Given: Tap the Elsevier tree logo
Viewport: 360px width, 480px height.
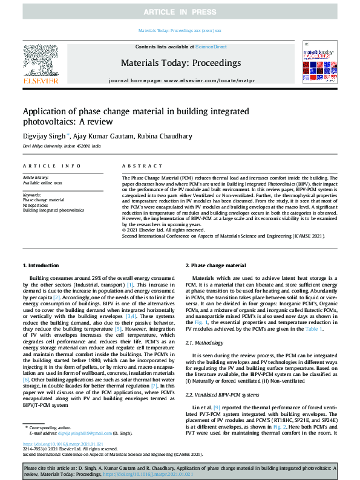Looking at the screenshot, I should pyautogui.click(x=41, y=63).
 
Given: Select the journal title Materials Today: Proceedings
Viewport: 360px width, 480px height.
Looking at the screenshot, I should pyautogui.click(x=180, y=63).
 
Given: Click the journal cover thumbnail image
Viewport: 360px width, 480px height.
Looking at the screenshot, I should pyautogui.click(x=319, y=63).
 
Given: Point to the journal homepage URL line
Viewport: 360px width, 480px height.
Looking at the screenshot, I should pyautogui.click(x=180, y=80).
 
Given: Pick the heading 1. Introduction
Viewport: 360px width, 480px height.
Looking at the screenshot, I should pyautogui.click(x=41, y=265).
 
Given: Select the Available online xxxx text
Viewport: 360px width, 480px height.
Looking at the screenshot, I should pyautogui.click(x=42, y=182).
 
